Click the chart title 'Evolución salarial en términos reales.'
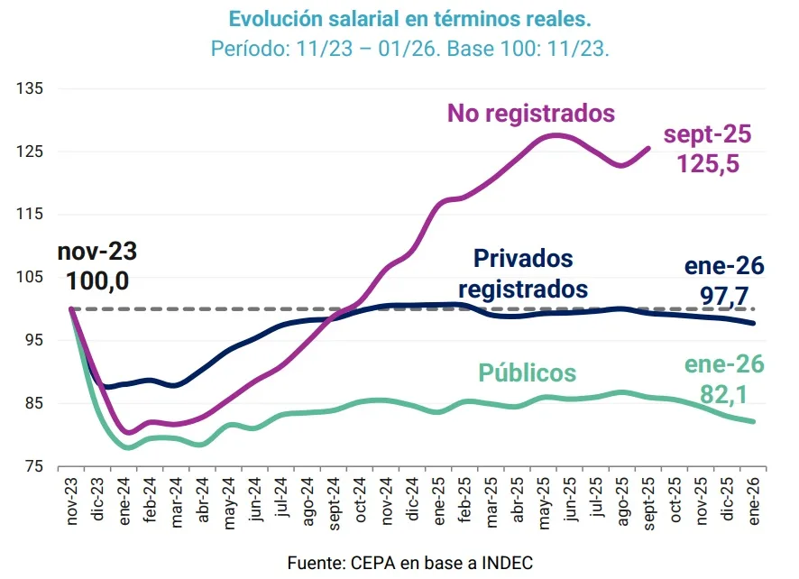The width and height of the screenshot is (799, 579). tap(409, 19)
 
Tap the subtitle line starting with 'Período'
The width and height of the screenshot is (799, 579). tap(409, 48)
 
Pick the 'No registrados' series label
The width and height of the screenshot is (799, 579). tap(531, 114)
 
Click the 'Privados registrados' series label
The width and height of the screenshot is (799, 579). tap(523, 274)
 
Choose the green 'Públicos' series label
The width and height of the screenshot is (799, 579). tap(527, 373)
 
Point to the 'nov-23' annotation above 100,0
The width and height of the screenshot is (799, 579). tap(97, 252)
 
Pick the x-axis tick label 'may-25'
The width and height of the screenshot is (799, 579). tap(544, 497)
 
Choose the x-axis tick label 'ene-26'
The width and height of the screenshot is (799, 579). tap(755, 497)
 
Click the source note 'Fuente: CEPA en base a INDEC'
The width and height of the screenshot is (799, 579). tap(409, 563)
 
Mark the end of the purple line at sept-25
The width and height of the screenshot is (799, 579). tap(649, 148)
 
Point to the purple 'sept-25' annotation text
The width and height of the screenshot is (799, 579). tap(708, 135)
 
